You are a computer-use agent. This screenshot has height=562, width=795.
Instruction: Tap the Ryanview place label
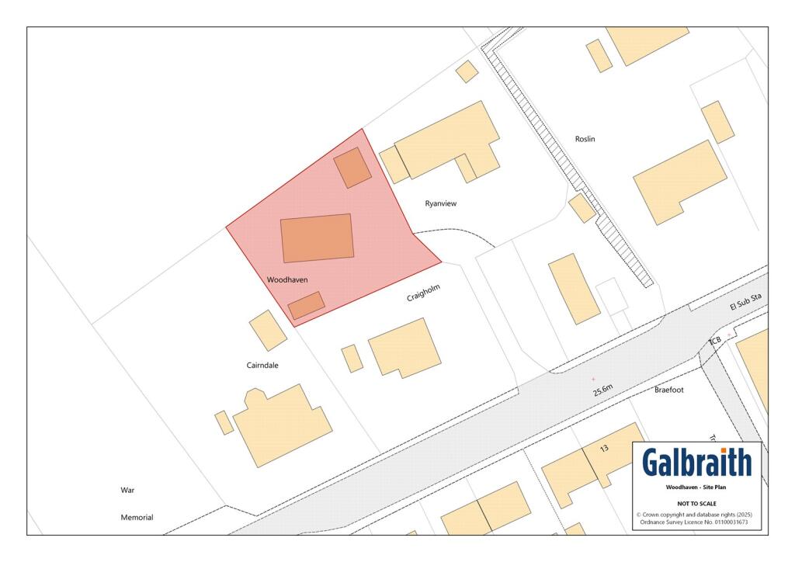441,203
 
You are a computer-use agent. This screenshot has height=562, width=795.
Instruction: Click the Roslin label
585,139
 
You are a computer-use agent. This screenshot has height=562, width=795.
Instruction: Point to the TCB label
715,342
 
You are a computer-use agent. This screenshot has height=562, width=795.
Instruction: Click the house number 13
604,449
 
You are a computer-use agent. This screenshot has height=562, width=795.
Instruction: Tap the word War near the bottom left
128,491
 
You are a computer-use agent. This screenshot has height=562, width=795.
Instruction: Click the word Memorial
137,517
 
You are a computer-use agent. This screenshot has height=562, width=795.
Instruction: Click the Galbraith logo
696,463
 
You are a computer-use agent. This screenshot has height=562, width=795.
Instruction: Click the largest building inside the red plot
317,238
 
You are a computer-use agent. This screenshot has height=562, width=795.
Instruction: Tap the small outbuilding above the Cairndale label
268,331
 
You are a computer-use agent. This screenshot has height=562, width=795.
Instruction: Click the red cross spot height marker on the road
593,379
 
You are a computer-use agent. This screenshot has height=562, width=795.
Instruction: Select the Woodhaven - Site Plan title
696,487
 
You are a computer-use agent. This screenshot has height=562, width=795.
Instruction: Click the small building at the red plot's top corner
352,168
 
